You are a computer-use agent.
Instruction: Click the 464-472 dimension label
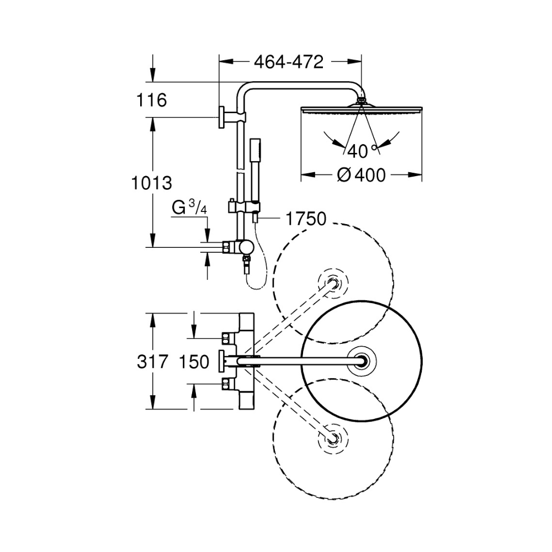(x=289, y=62)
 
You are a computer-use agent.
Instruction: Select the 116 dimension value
(x=151, y=100)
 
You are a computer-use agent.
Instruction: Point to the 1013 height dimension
(x=152, y=183)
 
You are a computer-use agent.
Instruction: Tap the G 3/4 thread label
(x=189, y=208)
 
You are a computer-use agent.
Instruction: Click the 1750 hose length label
(x=306, y=219)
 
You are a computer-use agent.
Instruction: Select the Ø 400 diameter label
(x=361, y=175)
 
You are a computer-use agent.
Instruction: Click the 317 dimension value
(x=152, y=362)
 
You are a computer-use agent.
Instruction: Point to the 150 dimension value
(x=194, y=362)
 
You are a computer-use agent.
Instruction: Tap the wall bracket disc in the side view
(x=222, y=116)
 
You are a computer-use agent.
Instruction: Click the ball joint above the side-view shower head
(x=362, y=100)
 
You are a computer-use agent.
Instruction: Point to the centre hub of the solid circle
(x=362, y=362)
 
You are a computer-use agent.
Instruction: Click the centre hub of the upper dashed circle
(x=333, y=283)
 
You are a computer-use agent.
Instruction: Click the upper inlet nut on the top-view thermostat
(x=227, y=338)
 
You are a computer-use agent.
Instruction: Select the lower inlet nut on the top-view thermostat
(x=227, y=384)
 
